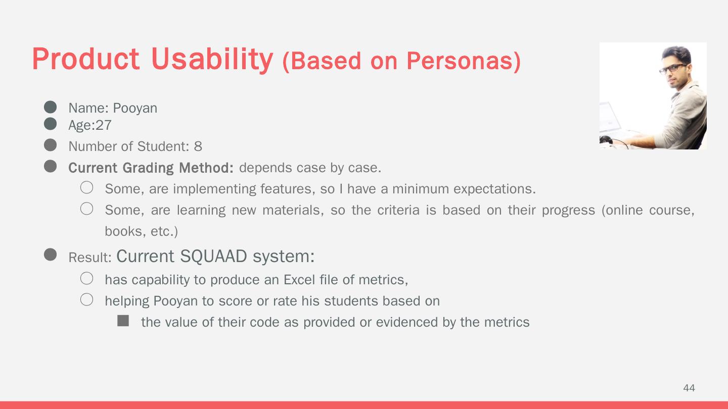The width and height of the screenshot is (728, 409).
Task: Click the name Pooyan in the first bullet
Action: point(135,109)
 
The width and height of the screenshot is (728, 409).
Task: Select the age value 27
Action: point(104,125)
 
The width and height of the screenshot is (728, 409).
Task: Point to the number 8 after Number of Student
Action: point(198,146)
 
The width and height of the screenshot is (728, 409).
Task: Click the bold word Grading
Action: point(148,168)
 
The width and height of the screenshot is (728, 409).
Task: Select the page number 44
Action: point(689,388)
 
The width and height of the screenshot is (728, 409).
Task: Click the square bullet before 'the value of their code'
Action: point(123,321)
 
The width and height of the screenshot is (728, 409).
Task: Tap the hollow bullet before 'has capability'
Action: point(87,278)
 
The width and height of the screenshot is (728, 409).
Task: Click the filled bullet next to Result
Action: point(51,254)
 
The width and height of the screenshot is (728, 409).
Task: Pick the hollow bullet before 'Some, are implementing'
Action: point(87,187)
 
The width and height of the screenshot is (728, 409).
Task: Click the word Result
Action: point(90,258)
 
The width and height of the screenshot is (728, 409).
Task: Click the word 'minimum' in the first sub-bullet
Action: point(421,189)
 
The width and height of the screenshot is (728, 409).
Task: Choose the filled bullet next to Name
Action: point(51,107)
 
